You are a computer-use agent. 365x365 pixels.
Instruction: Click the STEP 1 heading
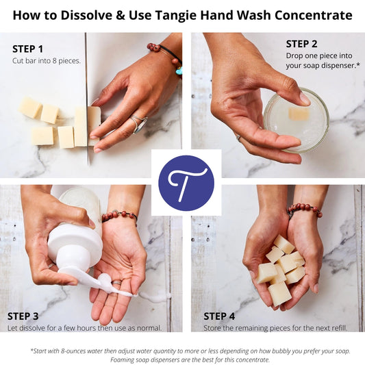pyautogui.click(x=27, y=49)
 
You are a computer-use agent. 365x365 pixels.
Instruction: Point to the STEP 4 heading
pyautogui.click(x=219, y=316)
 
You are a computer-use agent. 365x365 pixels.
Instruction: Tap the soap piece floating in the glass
pyautogui.click(x=299, y=113)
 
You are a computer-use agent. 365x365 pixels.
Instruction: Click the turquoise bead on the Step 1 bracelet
pyautogui.click(x=178, y=70)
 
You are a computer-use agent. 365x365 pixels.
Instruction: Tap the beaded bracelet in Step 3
pyautogui.click(x=119, y=216)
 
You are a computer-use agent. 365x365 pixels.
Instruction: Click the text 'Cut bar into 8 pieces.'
pyautogui.click(x=47, y=61)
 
